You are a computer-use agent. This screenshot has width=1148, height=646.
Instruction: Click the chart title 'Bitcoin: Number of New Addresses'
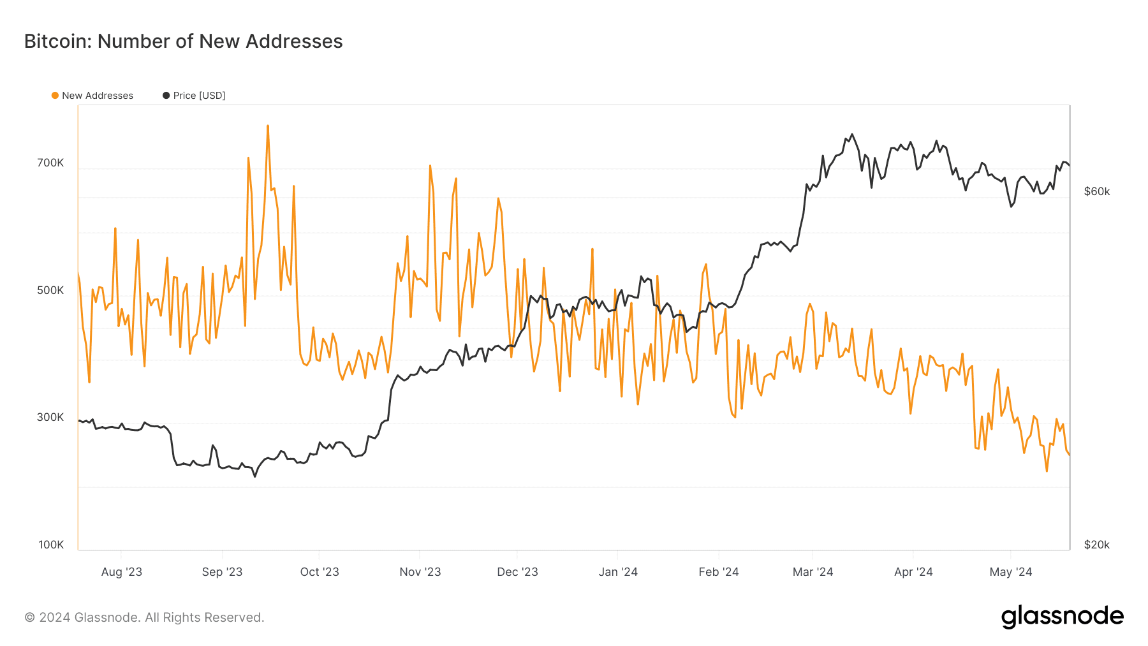coord(184,41)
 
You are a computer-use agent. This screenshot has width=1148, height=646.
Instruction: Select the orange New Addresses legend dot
coord(55,96)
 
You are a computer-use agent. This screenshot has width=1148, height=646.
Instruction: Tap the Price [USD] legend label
coord(199,96)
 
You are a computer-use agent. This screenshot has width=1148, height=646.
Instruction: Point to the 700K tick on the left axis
coord(50,163)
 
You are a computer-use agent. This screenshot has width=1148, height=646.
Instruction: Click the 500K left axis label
coord(50,290)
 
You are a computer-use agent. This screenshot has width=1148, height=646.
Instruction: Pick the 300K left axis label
coord(50,417)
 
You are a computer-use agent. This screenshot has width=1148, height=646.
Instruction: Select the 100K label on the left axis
coord(51,545)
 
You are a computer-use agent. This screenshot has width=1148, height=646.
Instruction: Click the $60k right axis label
coord(1097,191)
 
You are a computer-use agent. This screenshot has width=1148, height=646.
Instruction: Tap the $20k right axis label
coord(1097,545)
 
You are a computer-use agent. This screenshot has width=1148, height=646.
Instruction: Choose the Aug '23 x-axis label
coord(121,572)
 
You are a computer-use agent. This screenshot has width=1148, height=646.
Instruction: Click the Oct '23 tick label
coord(320,572)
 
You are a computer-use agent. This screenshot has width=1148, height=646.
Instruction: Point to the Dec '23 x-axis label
coord(517,572)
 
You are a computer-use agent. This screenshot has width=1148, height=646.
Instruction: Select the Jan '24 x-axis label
coord(618,572)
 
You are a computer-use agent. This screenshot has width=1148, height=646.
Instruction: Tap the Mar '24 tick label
coord(813,572)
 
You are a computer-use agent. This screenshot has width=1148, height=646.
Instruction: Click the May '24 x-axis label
coord(1011,572)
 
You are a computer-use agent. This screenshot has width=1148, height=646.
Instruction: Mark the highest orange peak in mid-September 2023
coord(268,126)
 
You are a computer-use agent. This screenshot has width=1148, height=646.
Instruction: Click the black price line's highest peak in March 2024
coord(852,134)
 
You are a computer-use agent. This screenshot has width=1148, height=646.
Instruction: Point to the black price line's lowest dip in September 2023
coord(254,476)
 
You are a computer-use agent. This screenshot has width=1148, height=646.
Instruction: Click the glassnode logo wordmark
coord(1063,617)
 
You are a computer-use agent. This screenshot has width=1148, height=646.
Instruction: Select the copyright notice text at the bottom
coord(144,617)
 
